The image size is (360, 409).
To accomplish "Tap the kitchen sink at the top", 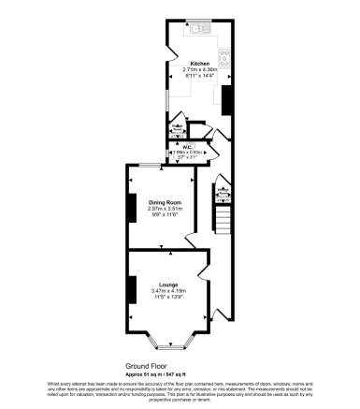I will pos(198,29).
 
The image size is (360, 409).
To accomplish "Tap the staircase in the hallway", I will pos(224,221).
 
